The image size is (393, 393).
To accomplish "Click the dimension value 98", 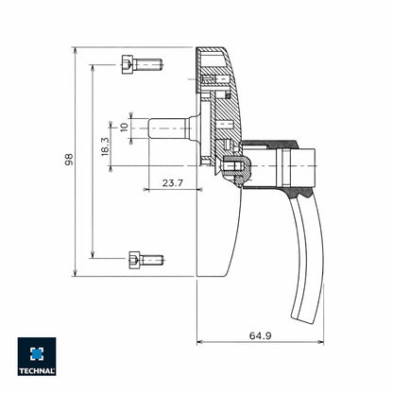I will coord(68,162).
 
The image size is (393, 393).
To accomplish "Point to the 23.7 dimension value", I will coord(172,181).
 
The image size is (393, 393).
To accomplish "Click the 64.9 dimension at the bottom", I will coord(262,334).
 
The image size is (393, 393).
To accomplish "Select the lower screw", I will coord(144,258).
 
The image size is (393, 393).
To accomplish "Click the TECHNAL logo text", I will coord(37,370).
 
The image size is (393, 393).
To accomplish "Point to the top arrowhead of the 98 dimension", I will coord(76,49).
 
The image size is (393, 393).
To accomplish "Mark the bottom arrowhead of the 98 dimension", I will coord(76,274).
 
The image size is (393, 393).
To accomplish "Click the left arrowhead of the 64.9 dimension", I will coord(199,343).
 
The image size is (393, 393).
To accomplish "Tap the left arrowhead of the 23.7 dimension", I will coord(146,189).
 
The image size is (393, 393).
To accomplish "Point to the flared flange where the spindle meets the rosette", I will coord(192,126).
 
